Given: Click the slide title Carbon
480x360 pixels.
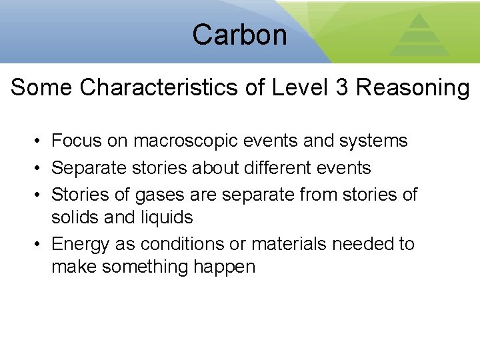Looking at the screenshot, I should [239, 34].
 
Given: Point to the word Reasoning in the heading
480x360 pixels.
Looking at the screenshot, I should [413, 88].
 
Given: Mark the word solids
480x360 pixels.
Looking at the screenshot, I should [73, 217].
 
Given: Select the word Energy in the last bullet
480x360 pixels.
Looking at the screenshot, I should [80, 245].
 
